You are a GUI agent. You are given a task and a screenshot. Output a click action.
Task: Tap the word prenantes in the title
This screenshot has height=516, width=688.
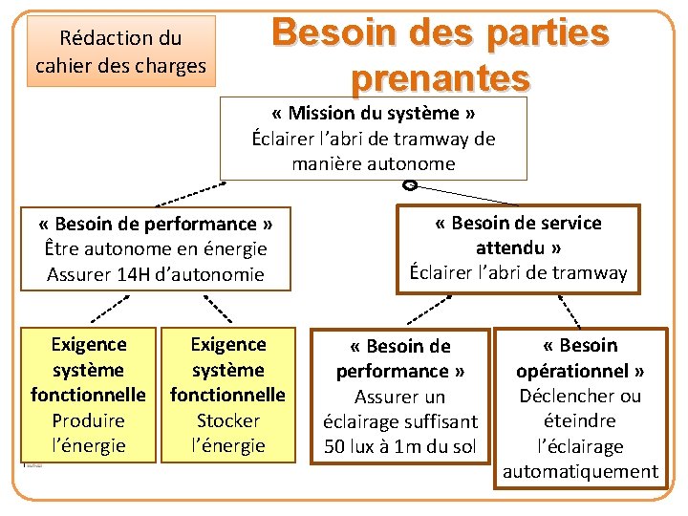coord(440,75)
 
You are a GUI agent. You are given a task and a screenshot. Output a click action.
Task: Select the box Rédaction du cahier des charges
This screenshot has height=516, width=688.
coord(120,52)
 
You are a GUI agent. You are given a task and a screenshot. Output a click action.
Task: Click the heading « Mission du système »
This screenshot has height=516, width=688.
coord(373,114)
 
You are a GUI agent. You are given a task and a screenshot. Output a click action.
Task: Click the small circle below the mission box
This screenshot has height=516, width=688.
coord(409,185)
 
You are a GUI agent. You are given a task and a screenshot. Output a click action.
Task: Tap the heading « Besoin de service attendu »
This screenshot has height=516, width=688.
coord(518,235)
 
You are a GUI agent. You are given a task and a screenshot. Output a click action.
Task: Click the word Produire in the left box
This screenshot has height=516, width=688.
coord(88,420)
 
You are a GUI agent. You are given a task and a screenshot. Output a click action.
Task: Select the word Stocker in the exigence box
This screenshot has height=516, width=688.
coord(227,420)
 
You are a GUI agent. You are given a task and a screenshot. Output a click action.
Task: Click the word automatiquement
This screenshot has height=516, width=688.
coord(580,471)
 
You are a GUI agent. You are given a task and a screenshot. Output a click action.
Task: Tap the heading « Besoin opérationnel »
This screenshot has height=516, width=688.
coord(580,357)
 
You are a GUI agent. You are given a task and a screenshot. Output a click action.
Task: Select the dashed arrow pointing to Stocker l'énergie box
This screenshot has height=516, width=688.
coord(218,307)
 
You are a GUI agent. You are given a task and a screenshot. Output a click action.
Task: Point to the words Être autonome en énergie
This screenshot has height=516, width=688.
coord(156,249)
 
